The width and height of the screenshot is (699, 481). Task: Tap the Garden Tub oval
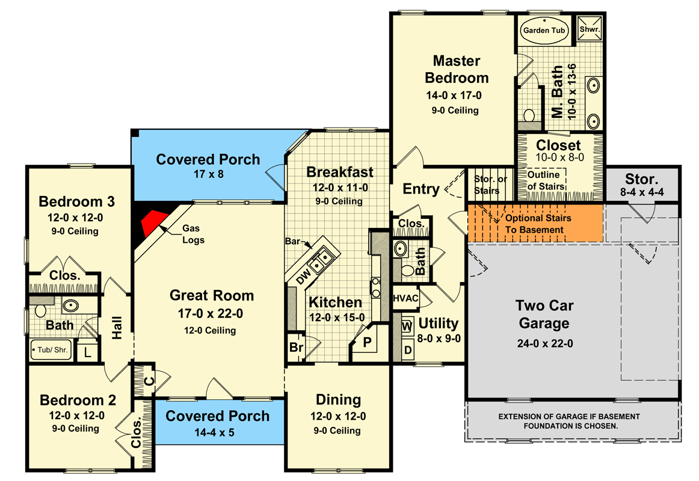coord(544,29)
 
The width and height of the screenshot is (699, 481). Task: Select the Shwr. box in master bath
coord(590,28)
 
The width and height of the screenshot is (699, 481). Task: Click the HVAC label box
coord(405,298)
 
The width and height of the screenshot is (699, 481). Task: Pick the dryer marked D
coord(407,349)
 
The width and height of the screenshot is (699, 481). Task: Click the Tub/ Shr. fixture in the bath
coord(52,348)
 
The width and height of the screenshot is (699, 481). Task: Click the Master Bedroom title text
coord(457,69)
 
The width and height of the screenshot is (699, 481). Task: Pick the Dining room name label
coord(338,399)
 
